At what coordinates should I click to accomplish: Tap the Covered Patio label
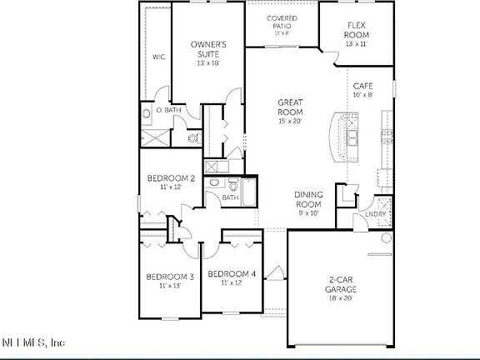coord(282,22)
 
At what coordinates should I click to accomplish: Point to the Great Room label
coord(290,107)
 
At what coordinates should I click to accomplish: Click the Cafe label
coord(362,86)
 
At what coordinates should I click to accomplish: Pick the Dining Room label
coord(308,199)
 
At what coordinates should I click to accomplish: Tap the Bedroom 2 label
coord(171,178)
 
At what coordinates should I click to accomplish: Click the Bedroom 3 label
coord(170,277)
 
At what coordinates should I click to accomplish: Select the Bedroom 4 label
coord(231,274)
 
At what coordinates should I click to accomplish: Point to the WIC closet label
coord(157,57)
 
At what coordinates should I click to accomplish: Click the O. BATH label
coord(169,110)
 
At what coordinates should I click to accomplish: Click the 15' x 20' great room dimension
coord(290,122)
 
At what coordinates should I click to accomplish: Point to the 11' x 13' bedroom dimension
coord(170,286)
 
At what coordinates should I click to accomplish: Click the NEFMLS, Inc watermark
coord(33,342)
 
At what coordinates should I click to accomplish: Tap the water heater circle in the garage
coord(386,238)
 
